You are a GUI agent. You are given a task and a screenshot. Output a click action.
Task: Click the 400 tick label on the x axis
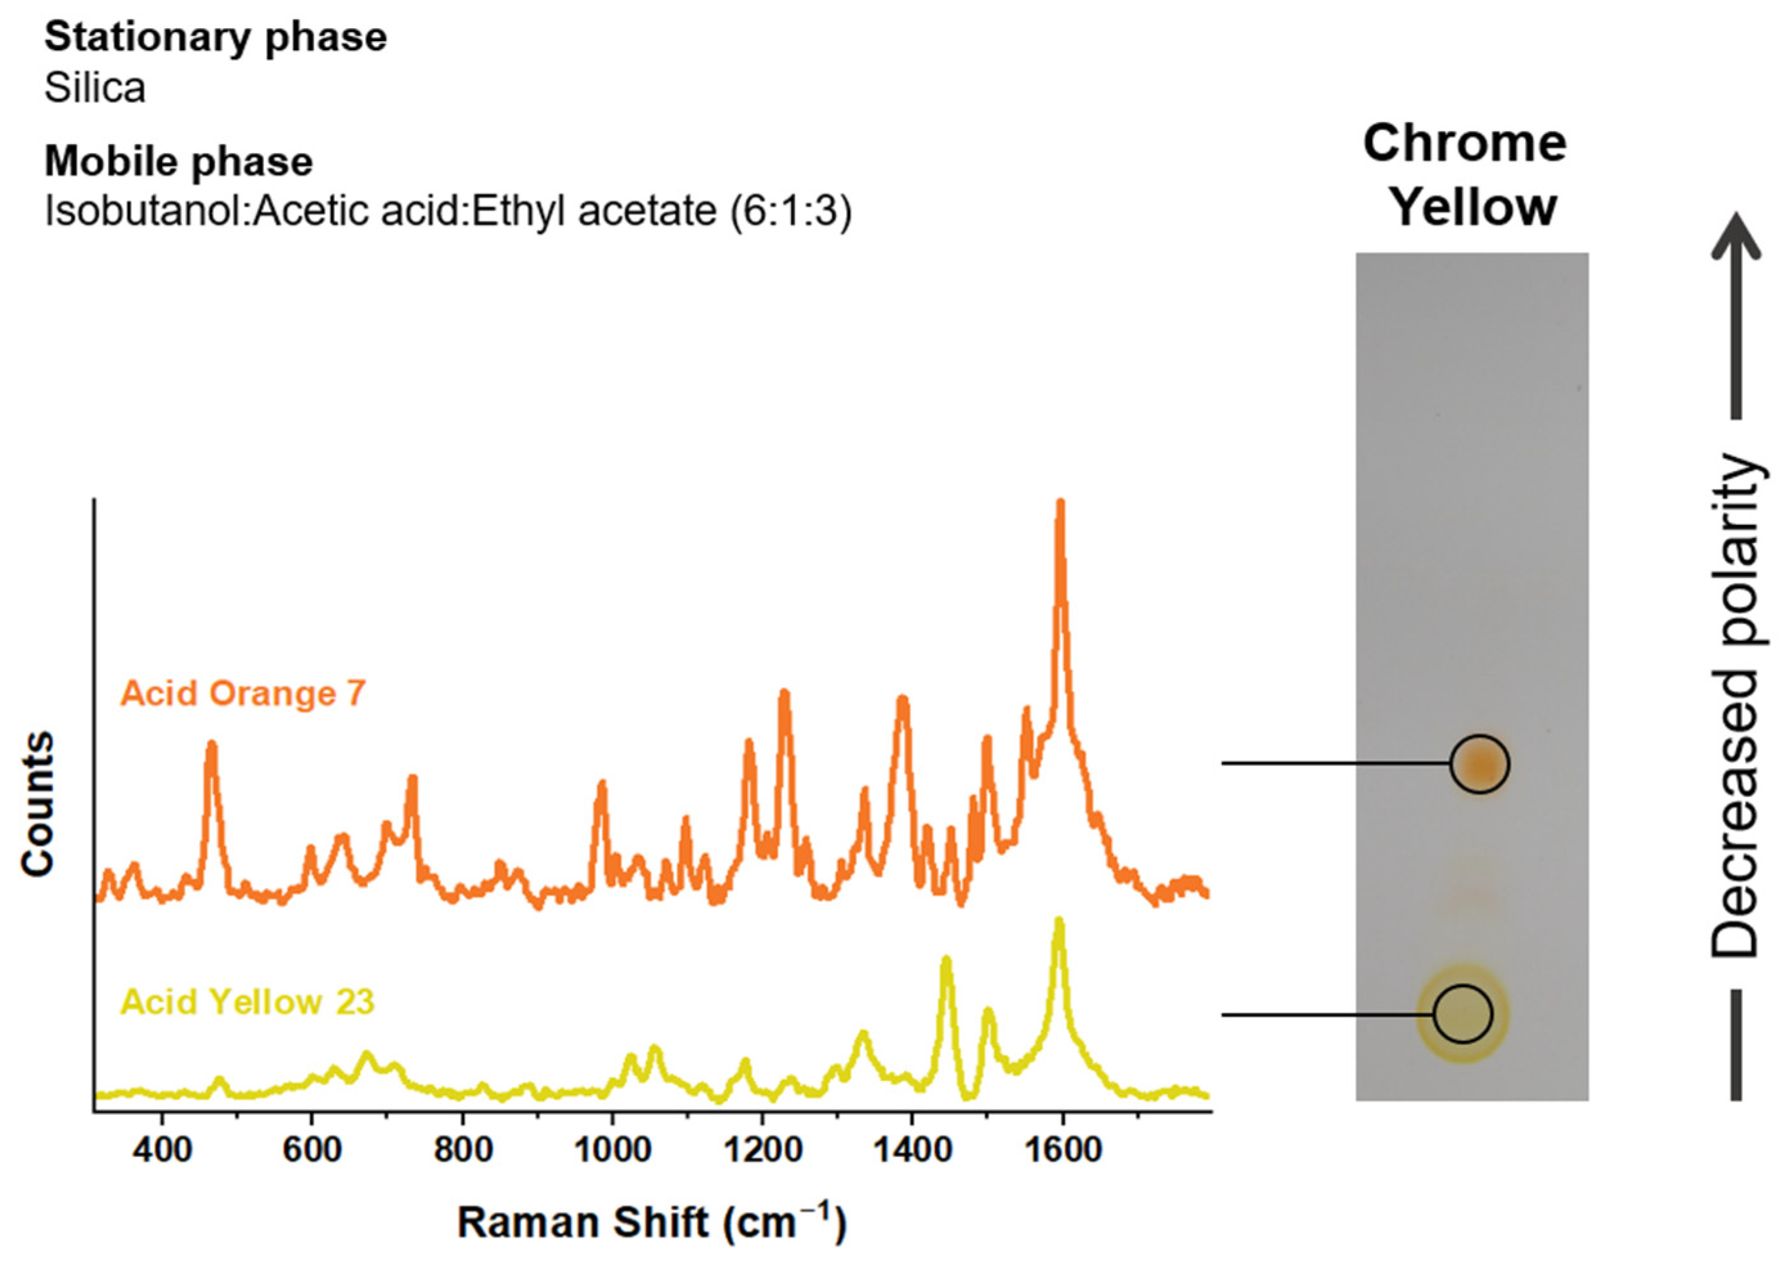pos(161,1151)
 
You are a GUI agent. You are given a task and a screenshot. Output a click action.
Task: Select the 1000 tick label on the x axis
pos(611,1151)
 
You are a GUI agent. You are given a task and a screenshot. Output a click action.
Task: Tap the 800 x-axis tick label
pos(462,1151)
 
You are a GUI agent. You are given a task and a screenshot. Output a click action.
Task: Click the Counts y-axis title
pos(37,803)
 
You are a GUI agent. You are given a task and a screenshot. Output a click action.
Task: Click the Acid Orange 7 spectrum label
pos(243,693)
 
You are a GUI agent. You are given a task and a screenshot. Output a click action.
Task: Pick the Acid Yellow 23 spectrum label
pos(248,1002)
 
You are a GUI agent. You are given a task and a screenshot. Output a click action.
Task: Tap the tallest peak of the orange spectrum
pos(1060,504)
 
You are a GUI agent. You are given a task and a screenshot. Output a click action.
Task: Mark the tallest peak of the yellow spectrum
pos(1059,922)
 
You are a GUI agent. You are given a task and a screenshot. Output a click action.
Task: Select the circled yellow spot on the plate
pos(1462,1014)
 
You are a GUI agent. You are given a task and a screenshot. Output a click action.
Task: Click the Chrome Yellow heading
pos(1465,175)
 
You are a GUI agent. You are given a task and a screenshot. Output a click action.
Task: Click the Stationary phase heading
pos(215,37)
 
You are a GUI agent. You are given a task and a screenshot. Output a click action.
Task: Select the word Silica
pos(95,87)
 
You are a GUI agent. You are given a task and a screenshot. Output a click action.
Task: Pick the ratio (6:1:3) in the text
pos(790,211)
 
